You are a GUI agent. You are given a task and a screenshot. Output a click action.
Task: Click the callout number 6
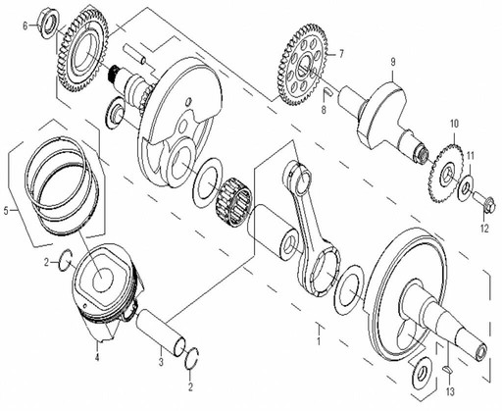(26, 26)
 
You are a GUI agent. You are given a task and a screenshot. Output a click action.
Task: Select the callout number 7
(341, 55)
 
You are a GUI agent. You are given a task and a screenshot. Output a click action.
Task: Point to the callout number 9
(392, 63)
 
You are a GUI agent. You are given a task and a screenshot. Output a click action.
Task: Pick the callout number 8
(322, 111)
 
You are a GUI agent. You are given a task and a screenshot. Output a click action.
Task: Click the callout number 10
(453, 124)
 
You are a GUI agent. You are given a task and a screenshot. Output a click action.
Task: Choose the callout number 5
(8, 210)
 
